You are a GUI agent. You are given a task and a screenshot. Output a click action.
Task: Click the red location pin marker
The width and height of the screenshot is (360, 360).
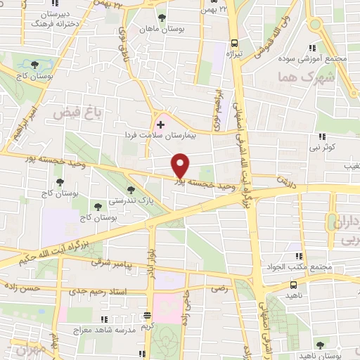pyautogui.click(x=181, y=165)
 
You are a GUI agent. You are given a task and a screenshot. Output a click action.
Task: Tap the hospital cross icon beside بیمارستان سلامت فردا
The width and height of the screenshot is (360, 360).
pyautogui.click(x=160, y=124)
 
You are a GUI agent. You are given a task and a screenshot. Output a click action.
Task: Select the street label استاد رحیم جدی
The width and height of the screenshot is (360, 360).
pyautogui.click(x=99, y=290)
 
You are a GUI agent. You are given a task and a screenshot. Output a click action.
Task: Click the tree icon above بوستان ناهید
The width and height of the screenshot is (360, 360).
pyautogui.click(x=321, y=345)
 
